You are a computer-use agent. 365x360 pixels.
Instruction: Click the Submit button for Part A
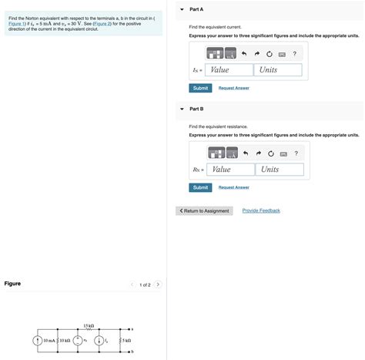point(200,88)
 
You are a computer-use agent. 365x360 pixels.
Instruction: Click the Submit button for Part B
point(200,187)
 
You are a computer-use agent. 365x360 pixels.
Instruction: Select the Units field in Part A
point(278,70)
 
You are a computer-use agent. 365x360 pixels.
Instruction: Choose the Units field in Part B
point(280,170)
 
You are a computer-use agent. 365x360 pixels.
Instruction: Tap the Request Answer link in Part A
point(234,88)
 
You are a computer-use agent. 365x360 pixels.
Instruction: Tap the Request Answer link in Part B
point(234,187)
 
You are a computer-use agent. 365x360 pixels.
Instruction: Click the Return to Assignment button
point(204,210)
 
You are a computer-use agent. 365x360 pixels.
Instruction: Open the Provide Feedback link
point(261,210)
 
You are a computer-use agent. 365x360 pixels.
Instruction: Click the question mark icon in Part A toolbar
point(294,54)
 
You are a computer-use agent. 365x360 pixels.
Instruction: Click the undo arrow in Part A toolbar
point(243,54)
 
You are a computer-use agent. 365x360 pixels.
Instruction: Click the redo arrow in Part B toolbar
point(259,153)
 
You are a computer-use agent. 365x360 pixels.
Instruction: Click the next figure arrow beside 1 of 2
point(158,284)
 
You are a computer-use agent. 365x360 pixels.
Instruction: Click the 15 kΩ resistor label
point(89,325)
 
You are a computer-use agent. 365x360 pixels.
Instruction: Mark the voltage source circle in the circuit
point(78,340)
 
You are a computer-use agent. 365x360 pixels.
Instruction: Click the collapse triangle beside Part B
point(182,109)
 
